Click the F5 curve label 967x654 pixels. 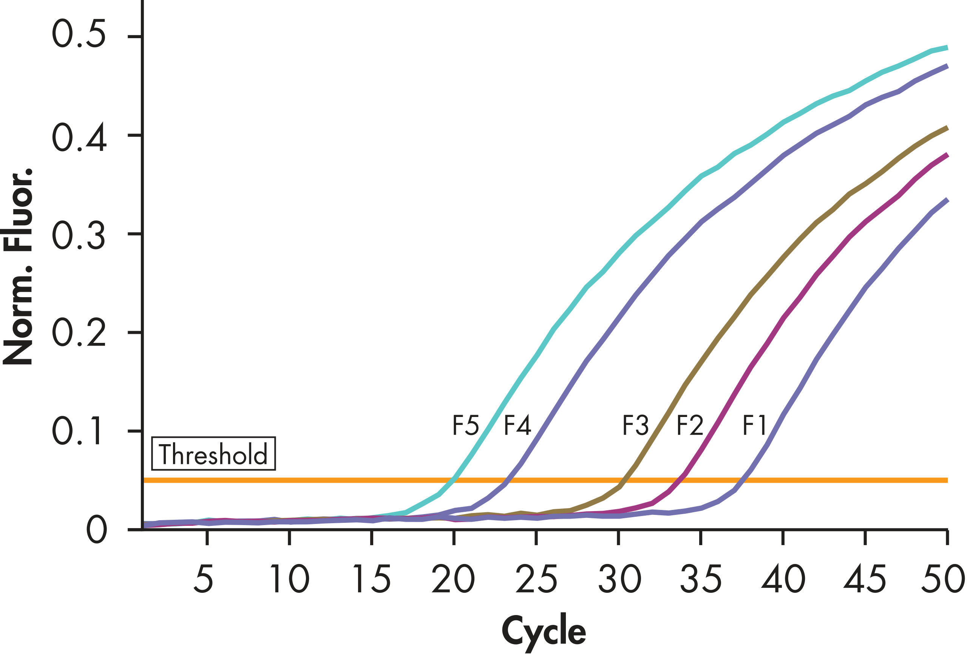pos(465,425)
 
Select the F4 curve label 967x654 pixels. pos(517,425)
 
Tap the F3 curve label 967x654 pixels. pos(635,425)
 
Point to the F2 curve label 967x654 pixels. pos(689,425)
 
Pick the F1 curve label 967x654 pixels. pos(754,425)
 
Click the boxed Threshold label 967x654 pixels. pos(213,454)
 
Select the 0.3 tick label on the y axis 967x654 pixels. pos(79,234)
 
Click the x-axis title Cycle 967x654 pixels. pos(544,631)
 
